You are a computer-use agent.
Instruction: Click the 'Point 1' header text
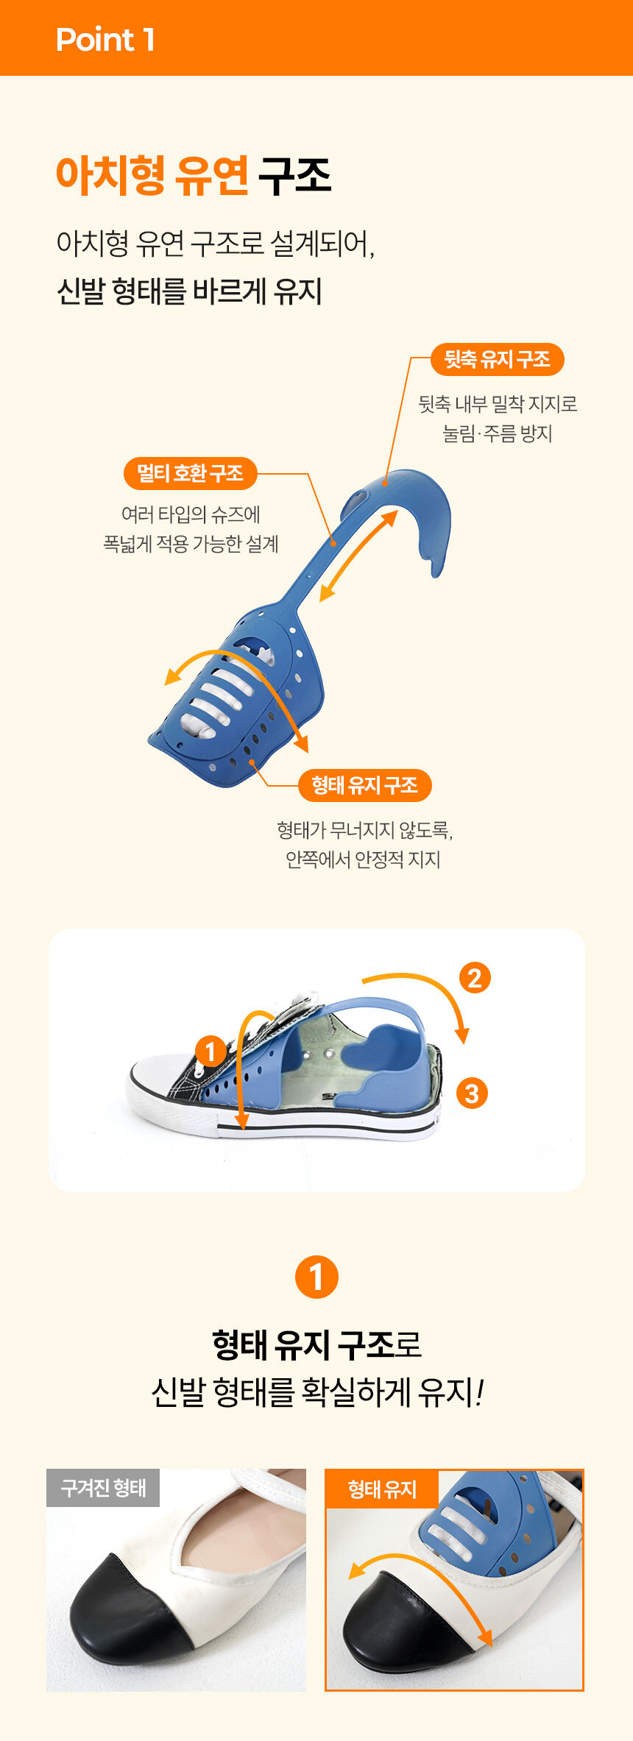click(x=105, y=40)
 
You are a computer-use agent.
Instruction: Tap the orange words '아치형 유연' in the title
click(x=152, y=176)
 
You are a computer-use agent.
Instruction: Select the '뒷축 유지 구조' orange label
click(x=497, y=359)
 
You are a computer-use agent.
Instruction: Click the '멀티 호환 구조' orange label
click(x=190, y=473)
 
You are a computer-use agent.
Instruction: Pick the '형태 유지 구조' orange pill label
click(x=364, y=785)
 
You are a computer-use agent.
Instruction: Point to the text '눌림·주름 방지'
click(x=498, y=433)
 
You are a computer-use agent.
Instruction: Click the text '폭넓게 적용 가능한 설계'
click(x=191, y=544)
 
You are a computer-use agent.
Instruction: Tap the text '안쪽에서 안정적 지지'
click(x=363, y=859)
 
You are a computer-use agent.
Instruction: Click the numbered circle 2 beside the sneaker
click(x=475, y=978)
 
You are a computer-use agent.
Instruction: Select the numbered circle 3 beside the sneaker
click(x=472, y=1093)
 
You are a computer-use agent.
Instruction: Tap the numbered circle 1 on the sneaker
click(x=211, y=1051)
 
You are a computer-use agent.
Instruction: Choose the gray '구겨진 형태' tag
click(x=103, y=1488)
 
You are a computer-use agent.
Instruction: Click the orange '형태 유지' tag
click(x=382, y=1489)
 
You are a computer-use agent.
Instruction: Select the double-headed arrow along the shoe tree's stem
click(x=358, y=556)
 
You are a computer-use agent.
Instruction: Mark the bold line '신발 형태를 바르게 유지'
click(x=189, y=291)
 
